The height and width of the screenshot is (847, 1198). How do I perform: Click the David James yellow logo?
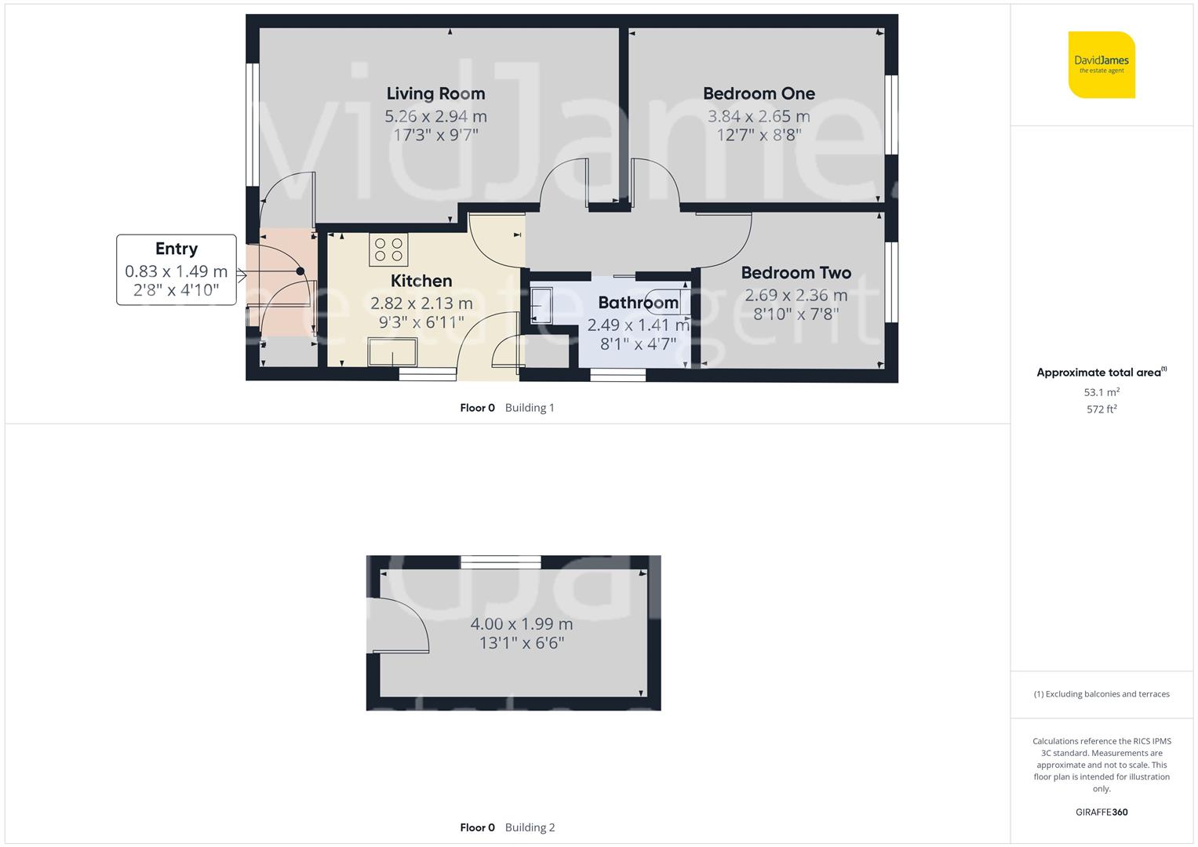(1102, 65)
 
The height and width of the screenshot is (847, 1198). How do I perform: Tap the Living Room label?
(435, 93)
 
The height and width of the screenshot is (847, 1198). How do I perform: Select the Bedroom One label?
(759, 93)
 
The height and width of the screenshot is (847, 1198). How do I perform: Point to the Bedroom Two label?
(796, 273)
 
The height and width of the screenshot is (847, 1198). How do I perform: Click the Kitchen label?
(421, 281)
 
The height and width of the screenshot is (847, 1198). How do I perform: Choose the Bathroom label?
(638, 303)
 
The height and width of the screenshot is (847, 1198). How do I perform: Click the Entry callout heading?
(177, 249)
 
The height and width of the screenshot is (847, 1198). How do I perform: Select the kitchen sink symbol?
(393, 352)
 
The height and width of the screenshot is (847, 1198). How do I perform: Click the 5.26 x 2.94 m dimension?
(435, 117)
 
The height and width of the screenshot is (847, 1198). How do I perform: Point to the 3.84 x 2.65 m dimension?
(759, 117)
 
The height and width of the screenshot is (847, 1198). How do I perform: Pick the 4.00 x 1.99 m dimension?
(522, 624)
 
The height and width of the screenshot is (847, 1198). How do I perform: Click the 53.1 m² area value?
(1102, 392)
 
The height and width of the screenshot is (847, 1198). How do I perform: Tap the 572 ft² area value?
(1102, 409)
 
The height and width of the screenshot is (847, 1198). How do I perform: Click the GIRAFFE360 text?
(1102, 812)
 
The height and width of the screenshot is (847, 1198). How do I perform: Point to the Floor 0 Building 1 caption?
(507, 408)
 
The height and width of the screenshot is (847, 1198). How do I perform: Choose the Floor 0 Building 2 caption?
(507, 827)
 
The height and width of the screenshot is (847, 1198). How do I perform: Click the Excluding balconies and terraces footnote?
(1102, 694)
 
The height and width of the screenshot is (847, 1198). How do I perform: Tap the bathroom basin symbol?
(541, 305)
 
